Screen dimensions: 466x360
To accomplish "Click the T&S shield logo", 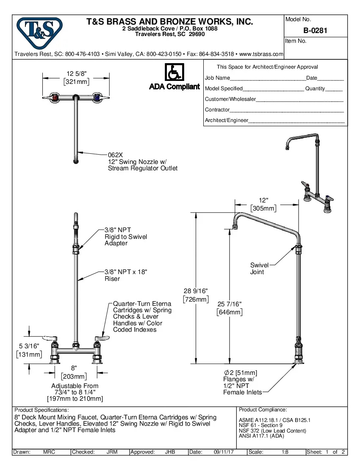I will (x=39, y=30).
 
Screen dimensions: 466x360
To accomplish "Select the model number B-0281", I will (x=315, y=31).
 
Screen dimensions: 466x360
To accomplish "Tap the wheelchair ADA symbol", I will (x=174, y=73).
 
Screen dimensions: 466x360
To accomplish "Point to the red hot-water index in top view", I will (x=54, y=98).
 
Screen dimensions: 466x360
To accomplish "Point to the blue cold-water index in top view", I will (x=98, y=98).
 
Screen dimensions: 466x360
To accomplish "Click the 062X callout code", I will (x=115, y=155).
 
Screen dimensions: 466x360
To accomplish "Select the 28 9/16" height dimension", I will (x=195, y=291).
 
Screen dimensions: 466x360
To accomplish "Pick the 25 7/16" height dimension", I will (x=229, y=304).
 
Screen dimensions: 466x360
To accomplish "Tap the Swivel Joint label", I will (x=257, y=269).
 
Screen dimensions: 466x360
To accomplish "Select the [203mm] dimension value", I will (x=74, y=376).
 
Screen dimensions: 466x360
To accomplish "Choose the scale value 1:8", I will (x=285, y=452).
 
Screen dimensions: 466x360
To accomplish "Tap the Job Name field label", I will (x=217, y=78).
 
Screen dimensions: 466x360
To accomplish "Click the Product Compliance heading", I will (x=263, y=410).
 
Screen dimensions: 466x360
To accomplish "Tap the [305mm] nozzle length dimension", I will (x=263, y=208).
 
